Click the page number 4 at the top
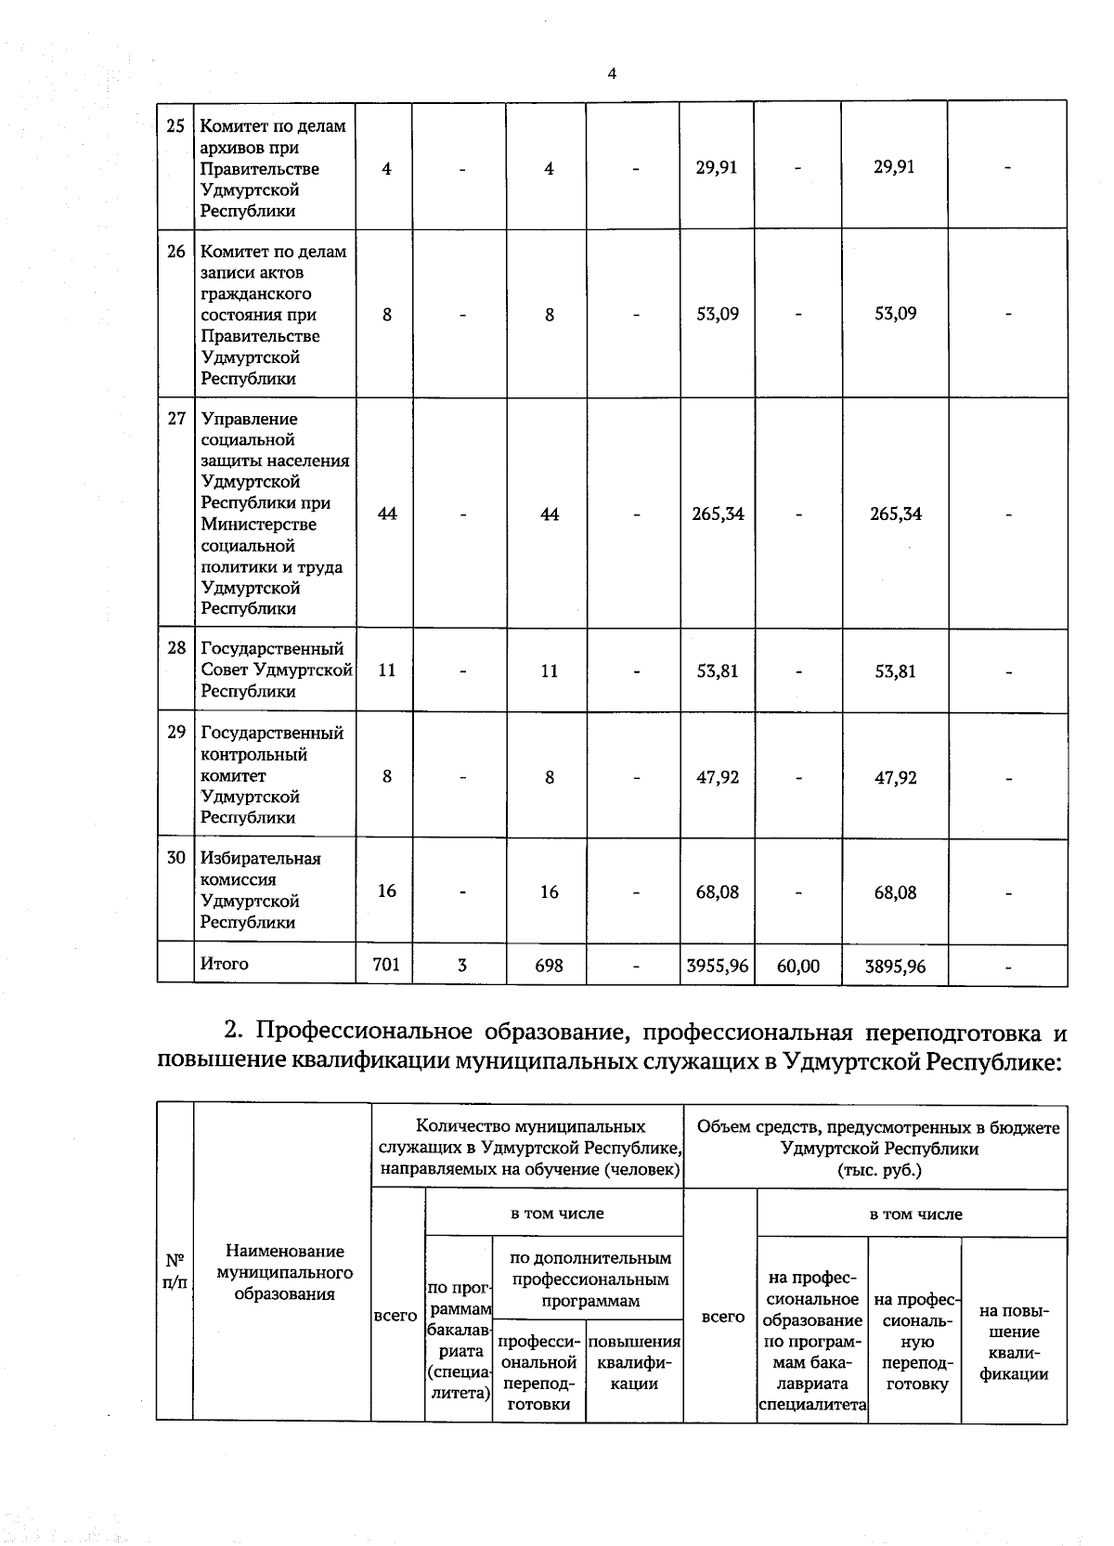tap(612, 74)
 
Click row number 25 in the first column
tap(175, 126)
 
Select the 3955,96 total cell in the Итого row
tap(717, 966)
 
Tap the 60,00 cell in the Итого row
tap(797, 966)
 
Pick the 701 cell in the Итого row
tap(385, 965)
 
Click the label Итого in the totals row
tap(225, 964)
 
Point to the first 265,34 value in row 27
tap(718, 513)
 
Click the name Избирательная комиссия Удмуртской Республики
tap(261, 890)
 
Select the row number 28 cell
tap(176, 648)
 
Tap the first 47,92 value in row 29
tap(718, 777)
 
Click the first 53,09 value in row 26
tap(718, 314)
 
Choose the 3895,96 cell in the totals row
tap(895, 966)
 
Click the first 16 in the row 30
tap(386, 891)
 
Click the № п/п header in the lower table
tap(175, 1272)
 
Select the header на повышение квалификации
tap(1014, 1343)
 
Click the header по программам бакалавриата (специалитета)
tap(459, 1340)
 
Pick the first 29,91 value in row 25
tap(718, 167)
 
